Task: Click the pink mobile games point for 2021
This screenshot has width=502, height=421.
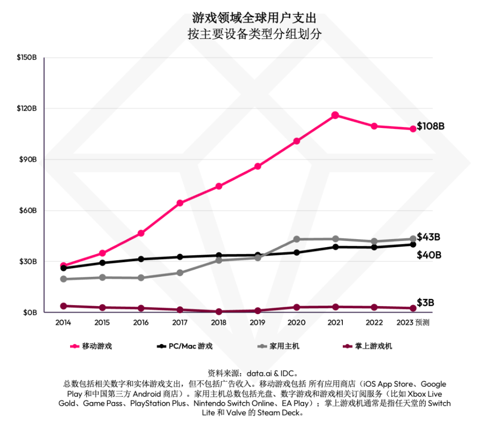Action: pyautogui.click(x=335, y=115)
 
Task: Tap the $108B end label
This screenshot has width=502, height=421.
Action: pyautogui.click(x=430, y=126)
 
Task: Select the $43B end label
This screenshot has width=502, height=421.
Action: pyautogui.click(x=429, y=237)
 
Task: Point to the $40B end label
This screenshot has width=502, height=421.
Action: pyautogui.click(x=429, y=255)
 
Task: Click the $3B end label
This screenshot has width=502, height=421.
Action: pyautogui.click(x=426, y=303)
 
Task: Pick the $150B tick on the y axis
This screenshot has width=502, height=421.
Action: pyautogui.click(x=27, y=57)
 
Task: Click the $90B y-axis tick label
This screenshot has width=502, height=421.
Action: pyautogui.click(x=28, y=159)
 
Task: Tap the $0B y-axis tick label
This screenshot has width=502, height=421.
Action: pyautogui.click(x=30, y=313)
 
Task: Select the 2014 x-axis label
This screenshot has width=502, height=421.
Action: pyautogui.click(x=63, y=323)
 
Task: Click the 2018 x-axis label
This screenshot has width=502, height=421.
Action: pyautogui.click(x=218, y=323)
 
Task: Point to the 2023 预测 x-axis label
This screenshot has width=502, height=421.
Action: pyautogui.click(x=413, y=323)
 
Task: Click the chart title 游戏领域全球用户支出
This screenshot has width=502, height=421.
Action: pyautogui.click(x=254, y=18)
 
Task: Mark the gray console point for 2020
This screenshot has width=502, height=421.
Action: pyautogui.click(x=297, y=239)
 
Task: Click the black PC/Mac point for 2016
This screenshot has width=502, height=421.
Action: pyautogui.click(x=141, y=259)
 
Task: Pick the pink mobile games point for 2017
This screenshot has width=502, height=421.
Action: pyautogui.click(x=180, y=203)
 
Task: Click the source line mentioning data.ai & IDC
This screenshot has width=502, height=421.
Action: pyautogui.click(x=253, y=373)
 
